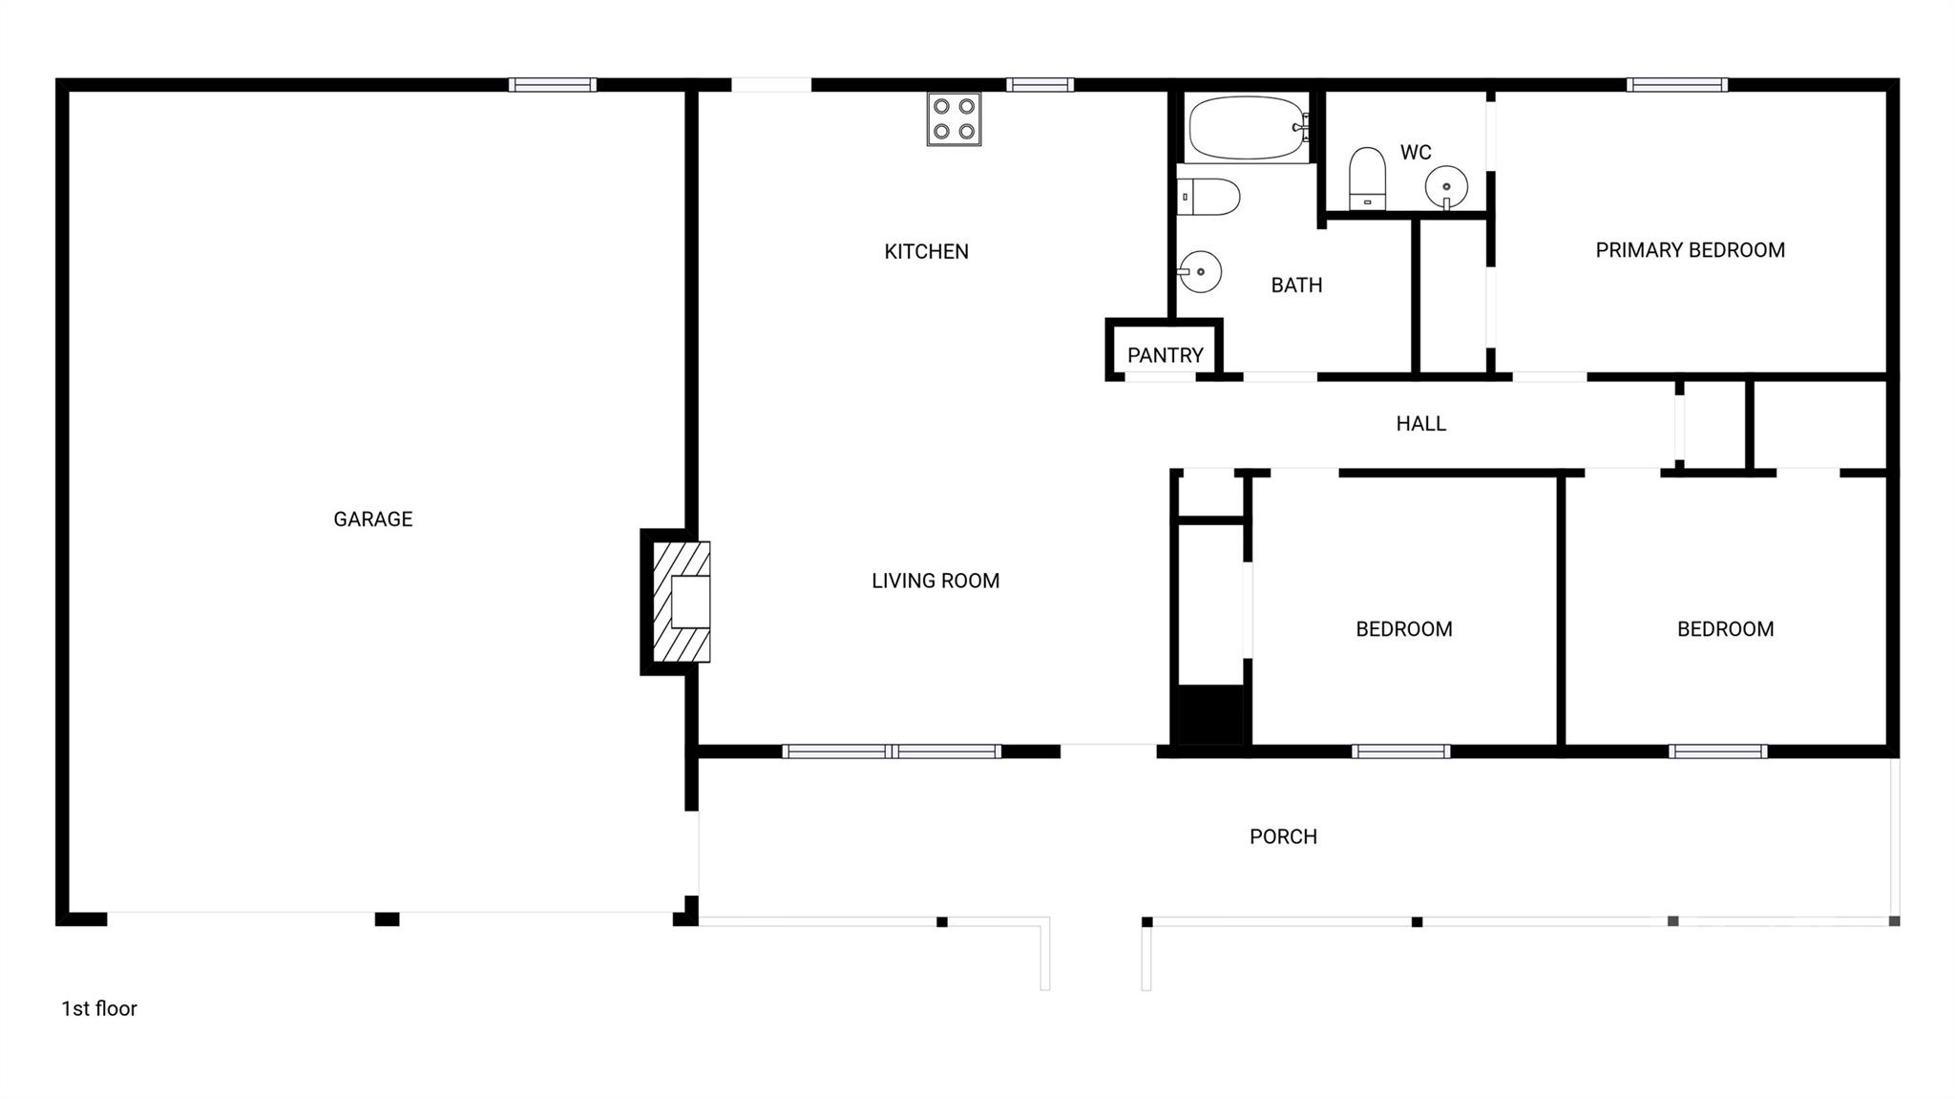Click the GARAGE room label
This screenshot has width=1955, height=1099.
372,519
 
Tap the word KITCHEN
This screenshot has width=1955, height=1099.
926,252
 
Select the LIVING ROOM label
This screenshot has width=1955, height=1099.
935,581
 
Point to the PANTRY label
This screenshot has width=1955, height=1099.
1165,355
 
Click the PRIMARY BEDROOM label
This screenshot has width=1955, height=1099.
1690,250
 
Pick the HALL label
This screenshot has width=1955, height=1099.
1420,424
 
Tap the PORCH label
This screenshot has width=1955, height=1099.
1283,836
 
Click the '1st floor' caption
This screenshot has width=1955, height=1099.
99,1008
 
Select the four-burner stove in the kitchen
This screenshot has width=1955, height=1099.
954,119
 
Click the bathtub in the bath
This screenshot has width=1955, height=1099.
1247,127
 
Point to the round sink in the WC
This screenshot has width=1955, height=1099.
1446,185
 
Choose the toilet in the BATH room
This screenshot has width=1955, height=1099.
1209,197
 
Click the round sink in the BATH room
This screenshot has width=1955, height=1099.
1201,272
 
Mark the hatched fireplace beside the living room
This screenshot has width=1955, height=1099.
681,602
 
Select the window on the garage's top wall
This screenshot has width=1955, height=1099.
552,85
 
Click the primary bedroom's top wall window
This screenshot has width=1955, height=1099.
1676,85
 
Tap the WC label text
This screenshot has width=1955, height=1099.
1415,153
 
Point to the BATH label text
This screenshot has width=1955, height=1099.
1296,285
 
